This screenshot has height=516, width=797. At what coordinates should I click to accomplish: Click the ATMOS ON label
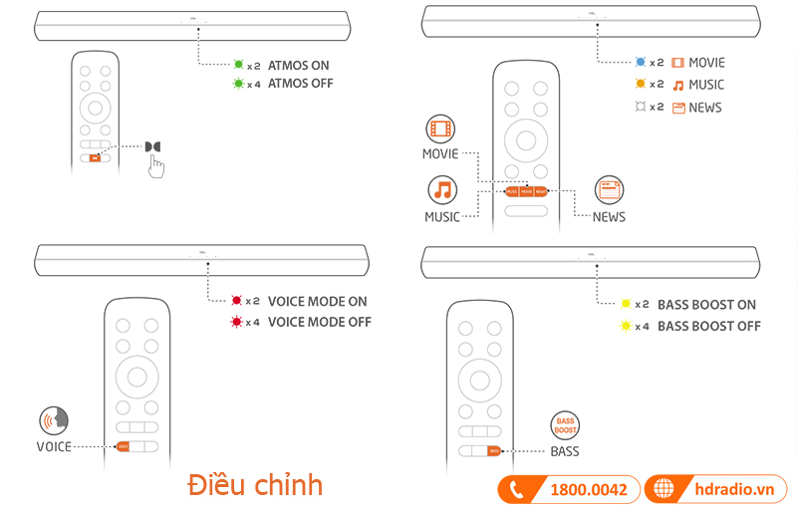298,66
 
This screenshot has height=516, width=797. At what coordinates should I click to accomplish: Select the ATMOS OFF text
300,84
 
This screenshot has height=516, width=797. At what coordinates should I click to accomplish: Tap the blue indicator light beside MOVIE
642,62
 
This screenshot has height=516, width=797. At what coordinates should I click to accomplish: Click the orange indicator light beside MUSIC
642,85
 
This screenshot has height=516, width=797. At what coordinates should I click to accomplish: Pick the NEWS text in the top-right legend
705,108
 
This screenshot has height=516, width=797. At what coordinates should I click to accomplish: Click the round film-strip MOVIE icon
440,129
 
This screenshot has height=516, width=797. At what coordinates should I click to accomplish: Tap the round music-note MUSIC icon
441,189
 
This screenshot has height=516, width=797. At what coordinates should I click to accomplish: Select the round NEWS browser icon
609,189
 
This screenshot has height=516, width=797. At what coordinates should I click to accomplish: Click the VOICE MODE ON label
317,301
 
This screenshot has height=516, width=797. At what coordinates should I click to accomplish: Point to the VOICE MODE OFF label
319,322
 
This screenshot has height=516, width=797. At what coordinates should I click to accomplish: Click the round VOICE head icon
54,420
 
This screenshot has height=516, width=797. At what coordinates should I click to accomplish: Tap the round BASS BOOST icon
565,426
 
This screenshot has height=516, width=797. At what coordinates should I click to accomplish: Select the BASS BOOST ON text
706,305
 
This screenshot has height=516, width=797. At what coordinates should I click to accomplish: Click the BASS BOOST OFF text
708,326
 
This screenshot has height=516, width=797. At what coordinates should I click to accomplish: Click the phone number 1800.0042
588,489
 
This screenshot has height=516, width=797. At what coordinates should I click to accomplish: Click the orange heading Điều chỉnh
255,485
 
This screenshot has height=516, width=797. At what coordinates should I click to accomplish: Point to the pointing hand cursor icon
156,166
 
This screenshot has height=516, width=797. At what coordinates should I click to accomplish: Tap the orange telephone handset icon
516,489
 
